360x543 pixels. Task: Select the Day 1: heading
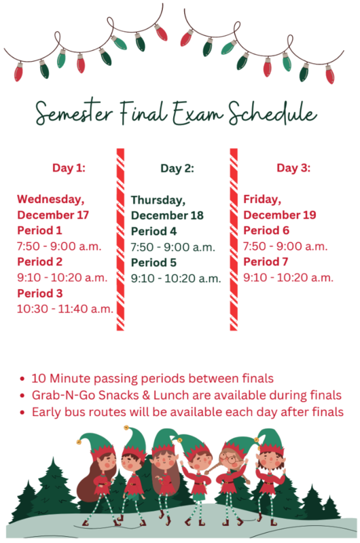pyautogui.click(x=69, y=168)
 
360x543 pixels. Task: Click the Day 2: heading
pyautogui.click(x=177, y=168)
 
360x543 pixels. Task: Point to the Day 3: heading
pyautogui.click(x=294, y=168)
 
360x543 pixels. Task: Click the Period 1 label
pyautogui.click(x=39, y=230)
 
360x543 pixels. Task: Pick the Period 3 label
pyautogui.click(x=40, y=293)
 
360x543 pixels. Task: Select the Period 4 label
pyautogui.click(x=154, y=231)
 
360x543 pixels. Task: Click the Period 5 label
pyautogui.click(x=154, y=263)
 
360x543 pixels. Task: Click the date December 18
pyautogui.click(x=167, y=216)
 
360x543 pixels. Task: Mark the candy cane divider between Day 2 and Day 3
pyautogui.click(x=234, y=238)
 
